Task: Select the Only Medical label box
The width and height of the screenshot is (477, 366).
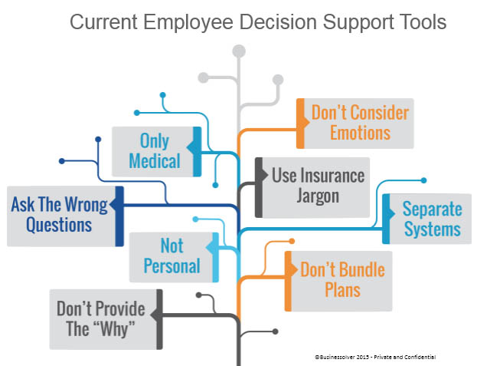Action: coord(156,152)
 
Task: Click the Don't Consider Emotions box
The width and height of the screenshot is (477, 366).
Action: coord(355,124)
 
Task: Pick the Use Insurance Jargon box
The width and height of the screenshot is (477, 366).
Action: coord(312,187)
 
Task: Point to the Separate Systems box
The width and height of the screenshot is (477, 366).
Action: coord(426,219)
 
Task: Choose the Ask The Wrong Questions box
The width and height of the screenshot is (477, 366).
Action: coord(65,216)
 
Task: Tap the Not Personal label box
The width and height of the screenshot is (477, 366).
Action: coord(174,257)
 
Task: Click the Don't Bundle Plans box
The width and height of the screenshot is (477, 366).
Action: coord(338,281)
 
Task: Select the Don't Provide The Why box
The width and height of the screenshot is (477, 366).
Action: coord(106,319)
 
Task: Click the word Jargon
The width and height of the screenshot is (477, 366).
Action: coord(318,196)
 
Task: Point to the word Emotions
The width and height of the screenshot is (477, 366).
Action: coord(360,133)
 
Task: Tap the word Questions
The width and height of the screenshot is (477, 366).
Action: coord(59,226)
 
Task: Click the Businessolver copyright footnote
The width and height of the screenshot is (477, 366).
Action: coord(375,357)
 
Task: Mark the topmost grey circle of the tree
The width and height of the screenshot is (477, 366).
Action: coord(239,51)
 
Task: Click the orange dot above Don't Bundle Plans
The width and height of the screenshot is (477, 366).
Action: coord(292,242)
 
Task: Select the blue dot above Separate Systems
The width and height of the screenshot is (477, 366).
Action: coord(423,180)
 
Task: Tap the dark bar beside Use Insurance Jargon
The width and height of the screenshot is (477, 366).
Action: coord(259,187)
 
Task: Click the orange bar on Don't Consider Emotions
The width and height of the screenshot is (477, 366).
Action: coord(300,124)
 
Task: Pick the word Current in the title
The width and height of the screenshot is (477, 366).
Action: coord(103,22)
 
